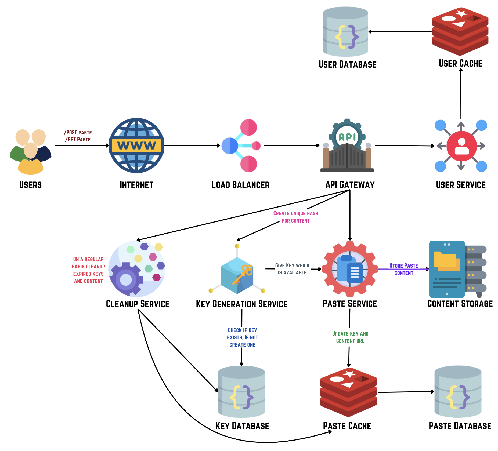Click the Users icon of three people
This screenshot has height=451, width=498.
[x=30, y=152]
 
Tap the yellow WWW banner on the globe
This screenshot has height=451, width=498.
[x=136, y=145]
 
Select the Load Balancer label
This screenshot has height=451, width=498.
[x=240, y=185]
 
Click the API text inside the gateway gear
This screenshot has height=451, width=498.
[x=347, y=137]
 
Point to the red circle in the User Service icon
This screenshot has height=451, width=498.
[x=461, y=146]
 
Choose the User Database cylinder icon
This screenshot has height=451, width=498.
[x=345, y=32]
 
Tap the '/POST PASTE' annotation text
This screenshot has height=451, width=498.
[x=78, y=133]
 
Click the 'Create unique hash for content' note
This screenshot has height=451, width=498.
[x=295, y=217]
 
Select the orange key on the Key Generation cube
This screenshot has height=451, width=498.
[x=243, y=274]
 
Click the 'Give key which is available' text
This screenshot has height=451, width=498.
[x=292, y=269]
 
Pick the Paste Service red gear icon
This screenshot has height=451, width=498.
[x=349, y=269]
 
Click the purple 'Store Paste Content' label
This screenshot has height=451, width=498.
[x=403, y=269]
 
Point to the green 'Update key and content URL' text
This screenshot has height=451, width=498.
[x=350, y=337]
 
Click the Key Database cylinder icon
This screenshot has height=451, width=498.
[x=241, y=392]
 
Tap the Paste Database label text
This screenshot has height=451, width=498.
[x=460, y=426]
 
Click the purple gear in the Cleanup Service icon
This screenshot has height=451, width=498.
[x=126, y=280]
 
